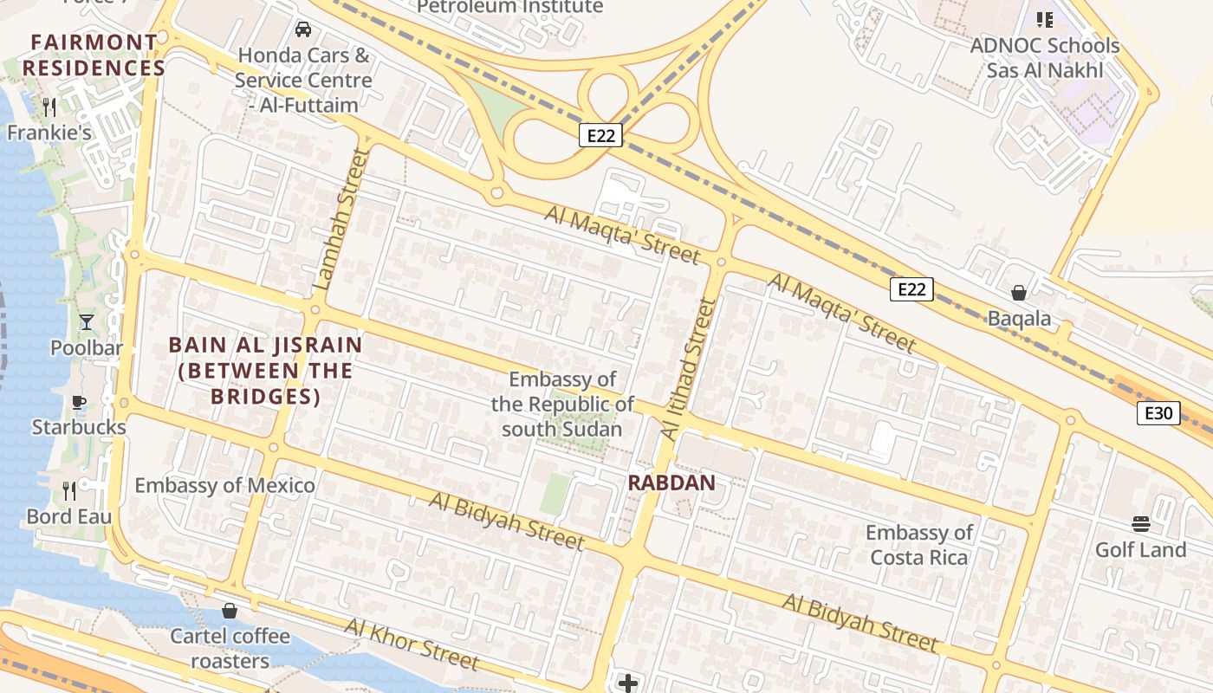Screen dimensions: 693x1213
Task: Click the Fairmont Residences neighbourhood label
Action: pyautogui.click(x=94, y=55)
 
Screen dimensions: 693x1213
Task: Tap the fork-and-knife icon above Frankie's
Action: pyautogui.click(x=49, y=107)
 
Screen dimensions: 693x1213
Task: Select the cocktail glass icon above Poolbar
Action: pyautogui.click(x=87, y=322)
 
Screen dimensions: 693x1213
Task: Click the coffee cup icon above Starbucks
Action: pyautogui.click(x=79, y=402)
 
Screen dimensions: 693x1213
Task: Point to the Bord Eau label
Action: pyautogui.click(x=69, y=517)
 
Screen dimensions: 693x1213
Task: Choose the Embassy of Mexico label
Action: pyautogui.click(x=224, y=485)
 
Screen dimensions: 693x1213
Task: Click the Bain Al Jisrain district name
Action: pyautogui.click(x=265, y=371)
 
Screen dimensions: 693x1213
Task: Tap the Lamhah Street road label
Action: pyautogui.click(x=341, y=218)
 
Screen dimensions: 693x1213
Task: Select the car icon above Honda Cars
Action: pyautogui.click(x=303, y=29)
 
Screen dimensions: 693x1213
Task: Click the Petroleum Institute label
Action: pyautogui.click(x=509, y=7)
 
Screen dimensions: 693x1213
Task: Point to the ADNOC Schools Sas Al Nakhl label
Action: pyautogui.click(x=1045, y=57)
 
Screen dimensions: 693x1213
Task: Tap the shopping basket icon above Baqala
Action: pyautogui.click(x=1019, y=293)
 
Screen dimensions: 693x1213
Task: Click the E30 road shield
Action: pyautogui.click(x=1158, y=413)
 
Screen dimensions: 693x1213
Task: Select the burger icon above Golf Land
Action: pyautogui.click(x=1140, y=523)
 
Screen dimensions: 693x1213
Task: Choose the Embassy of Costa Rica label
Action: pyautogui.click(x=918, y=545)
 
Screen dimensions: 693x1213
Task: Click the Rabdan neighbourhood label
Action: pyautogui.click(x=671, y=483)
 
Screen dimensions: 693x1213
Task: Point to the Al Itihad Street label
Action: pyautogui.click(x=689, y=368)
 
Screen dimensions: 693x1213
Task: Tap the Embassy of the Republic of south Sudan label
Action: pyautogui.click(x=561, y=404)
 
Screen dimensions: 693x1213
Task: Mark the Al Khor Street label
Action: pyautogui.click(x=412, y=644)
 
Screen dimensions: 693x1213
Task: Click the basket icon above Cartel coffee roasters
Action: pyautogui.click(x=230, y=611)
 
